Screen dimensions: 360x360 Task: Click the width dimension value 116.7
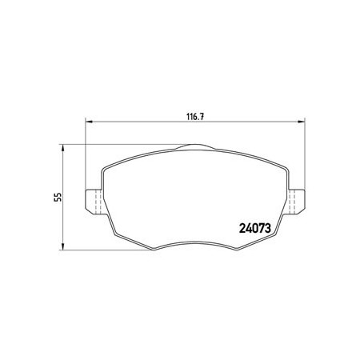pyautogui.click(x=195, y=117)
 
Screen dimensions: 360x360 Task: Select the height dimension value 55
pyautogui.click(x=58, y=197)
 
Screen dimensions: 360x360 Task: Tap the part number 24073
pyautogui.click(x=255, y=228)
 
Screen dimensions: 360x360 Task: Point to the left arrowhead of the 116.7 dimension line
pyautogui.click(x=89, y=122)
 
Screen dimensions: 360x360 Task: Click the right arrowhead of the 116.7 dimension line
pyautogui.click(x=302, y=122)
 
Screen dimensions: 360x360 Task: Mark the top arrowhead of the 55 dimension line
pyautogui.click(x=63, y=148)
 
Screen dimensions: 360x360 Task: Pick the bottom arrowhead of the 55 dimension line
pyautogui.click(x=63, y=246)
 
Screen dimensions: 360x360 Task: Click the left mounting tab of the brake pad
pyautogui.click(x=94, y=202)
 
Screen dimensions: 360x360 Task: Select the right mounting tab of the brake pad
pyautogui.click(x=296, y=202)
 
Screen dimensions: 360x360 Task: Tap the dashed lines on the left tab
pyautogui.click(x=98, y=202)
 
